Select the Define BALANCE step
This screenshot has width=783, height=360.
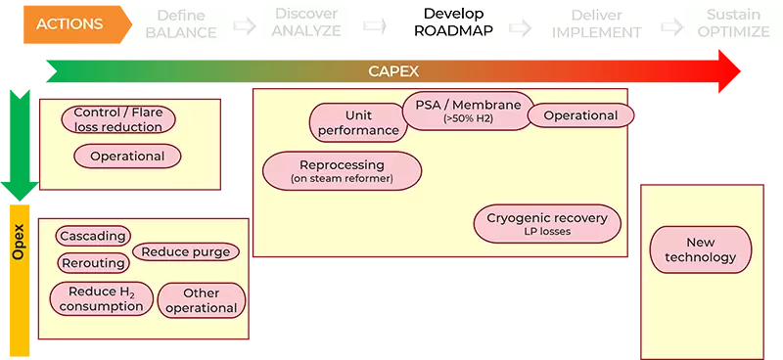coord(181,23)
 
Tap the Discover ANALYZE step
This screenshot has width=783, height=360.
coord(307,23)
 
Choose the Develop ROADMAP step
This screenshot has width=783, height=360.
coord(453,23)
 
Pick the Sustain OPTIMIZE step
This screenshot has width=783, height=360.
coord(731,23)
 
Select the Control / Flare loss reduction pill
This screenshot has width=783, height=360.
coord(118,119)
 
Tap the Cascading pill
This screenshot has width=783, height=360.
coord(93,236)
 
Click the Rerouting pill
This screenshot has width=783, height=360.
coord(93,262)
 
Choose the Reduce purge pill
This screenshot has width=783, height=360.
coord(185,251)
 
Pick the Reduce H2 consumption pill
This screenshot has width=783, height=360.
coord(101,298)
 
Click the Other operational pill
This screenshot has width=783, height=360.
coord(201,300)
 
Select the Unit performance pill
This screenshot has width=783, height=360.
coord(358,122)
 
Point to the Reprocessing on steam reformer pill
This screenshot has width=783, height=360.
coord(342,170)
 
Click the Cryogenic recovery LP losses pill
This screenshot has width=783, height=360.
coord(546,224)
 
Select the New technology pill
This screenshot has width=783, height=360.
coord(701,248)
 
